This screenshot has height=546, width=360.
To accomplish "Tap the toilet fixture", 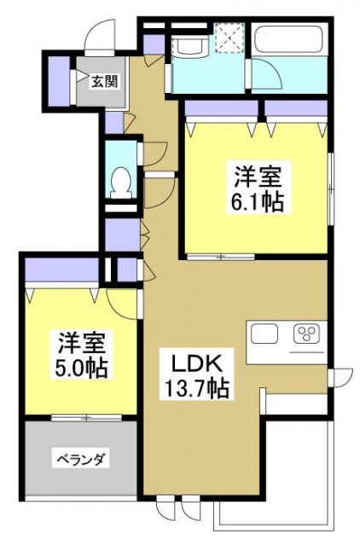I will [122, 182].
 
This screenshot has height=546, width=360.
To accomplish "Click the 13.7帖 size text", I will [195, 391].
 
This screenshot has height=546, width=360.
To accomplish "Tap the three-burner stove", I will [306, 333].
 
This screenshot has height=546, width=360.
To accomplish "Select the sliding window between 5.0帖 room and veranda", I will [80, 418].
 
